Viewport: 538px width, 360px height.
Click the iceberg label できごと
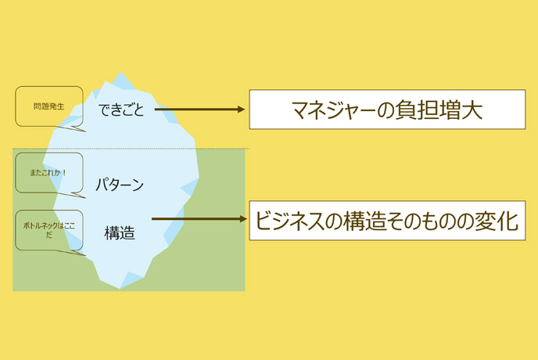coord(120,110)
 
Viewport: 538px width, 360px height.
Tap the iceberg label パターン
coord(120,185)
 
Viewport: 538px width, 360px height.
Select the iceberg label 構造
coord(120,233)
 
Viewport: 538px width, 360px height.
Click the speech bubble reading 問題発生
coord(49,106)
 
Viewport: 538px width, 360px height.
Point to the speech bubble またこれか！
coord(49,173)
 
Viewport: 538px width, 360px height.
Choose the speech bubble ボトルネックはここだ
coord(49,230)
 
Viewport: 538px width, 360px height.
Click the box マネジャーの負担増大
coord(387,110)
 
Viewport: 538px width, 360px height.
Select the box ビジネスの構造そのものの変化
coord(387,221)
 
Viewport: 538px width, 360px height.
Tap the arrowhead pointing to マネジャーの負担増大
coord(242,110)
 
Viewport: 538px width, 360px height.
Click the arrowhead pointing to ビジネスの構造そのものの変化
coord(243,219)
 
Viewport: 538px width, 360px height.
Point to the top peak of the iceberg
coord(120,72)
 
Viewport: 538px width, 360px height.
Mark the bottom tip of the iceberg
coord(120,288)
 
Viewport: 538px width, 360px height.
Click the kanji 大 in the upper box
coord(472,110)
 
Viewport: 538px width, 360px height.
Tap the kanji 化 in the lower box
coord(508,221)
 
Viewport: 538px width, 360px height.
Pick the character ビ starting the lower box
coord(266,221)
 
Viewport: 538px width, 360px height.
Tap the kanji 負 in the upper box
coord(407,110)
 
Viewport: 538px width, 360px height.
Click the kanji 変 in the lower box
coord(485,221)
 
